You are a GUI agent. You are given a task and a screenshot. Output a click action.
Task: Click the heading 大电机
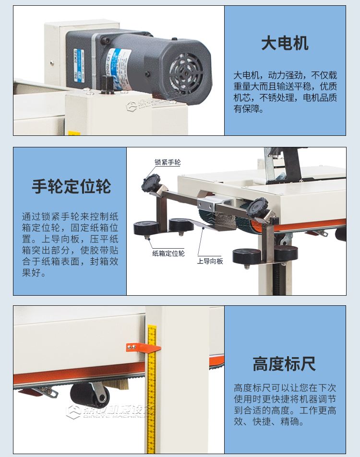click(285, 43)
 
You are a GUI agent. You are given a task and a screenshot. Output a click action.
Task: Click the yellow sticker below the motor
click(73, 133)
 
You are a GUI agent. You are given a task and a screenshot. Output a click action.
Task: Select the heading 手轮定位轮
click(71, 186)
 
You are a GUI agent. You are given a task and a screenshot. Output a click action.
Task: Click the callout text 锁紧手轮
click(168, 162)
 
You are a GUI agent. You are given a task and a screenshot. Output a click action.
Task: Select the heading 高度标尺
click(284, 364)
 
